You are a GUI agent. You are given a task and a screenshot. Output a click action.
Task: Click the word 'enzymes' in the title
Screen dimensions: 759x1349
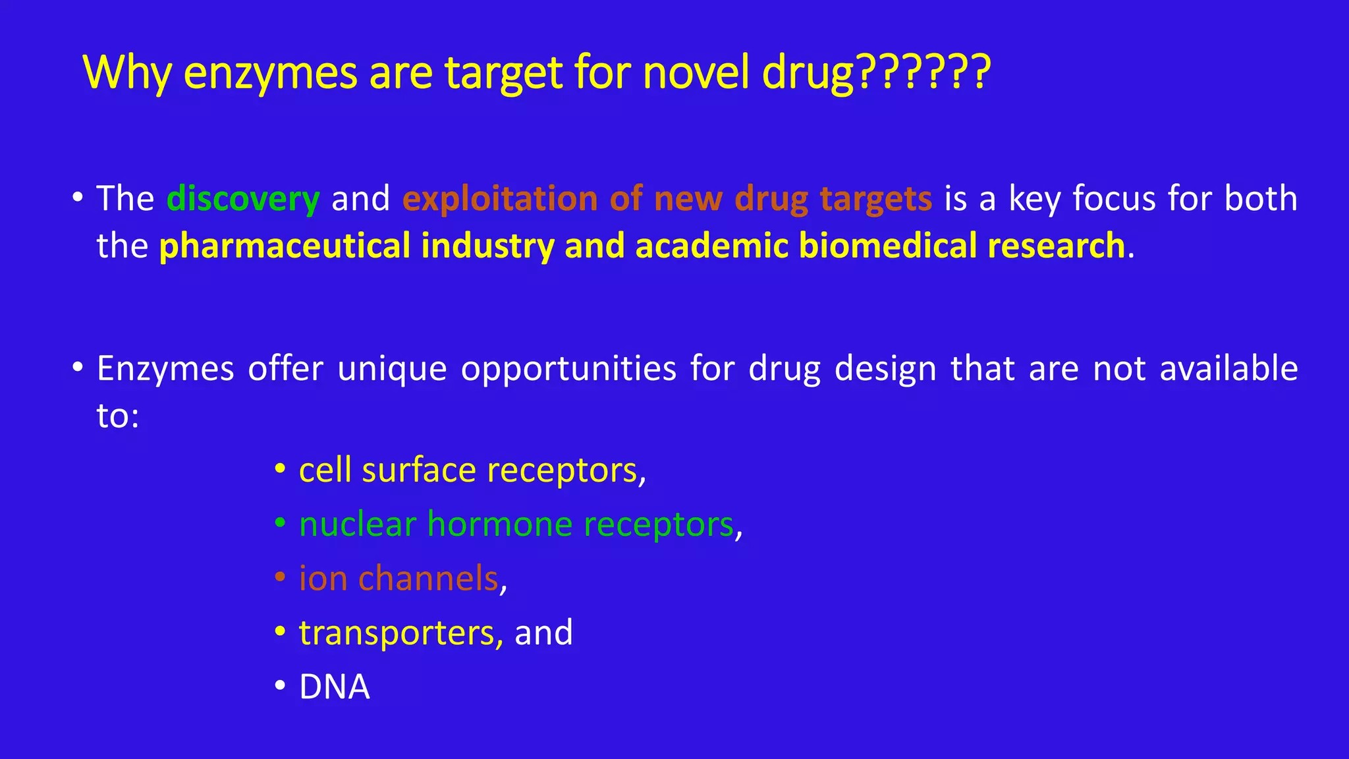270,72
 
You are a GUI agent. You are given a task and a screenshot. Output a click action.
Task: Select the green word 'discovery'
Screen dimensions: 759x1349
243,198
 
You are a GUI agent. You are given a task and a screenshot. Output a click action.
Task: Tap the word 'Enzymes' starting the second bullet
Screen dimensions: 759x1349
165,368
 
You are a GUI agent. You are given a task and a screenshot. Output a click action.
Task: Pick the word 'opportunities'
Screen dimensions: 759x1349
568,370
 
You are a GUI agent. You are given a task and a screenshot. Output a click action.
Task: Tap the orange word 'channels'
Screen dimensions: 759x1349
428,578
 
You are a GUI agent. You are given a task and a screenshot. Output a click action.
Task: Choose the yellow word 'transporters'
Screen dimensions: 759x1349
397,633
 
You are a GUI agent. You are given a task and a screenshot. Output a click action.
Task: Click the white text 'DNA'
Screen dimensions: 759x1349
335,687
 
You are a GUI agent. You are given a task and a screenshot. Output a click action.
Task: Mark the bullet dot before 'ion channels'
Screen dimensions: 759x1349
280,577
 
